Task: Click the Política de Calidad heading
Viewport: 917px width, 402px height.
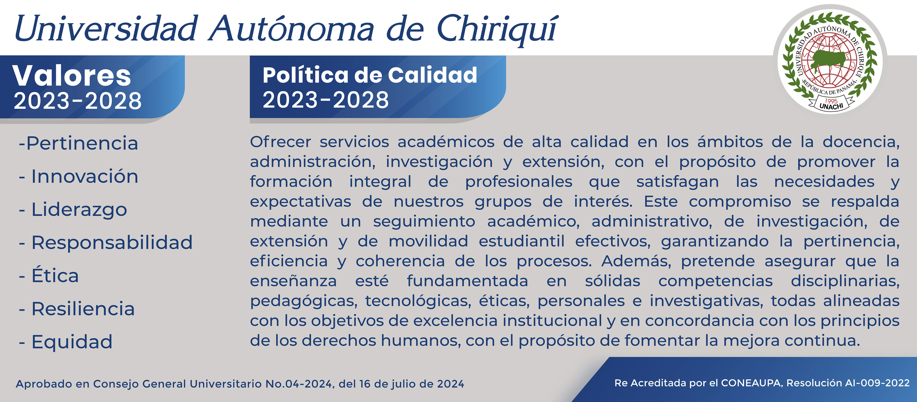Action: pyautogui.click(x=370, y=75)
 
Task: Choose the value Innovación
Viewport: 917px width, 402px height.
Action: pyautogui.click(x=85, y=176)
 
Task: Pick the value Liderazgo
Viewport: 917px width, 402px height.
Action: pyautogui.click(x=79, y=210)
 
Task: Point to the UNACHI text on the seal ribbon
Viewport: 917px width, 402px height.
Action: pyautogui.click(x=832, y=106)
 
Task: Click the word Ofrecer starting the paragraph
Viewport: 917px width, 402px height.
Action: pyautogui.click(x=281, y=142)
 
